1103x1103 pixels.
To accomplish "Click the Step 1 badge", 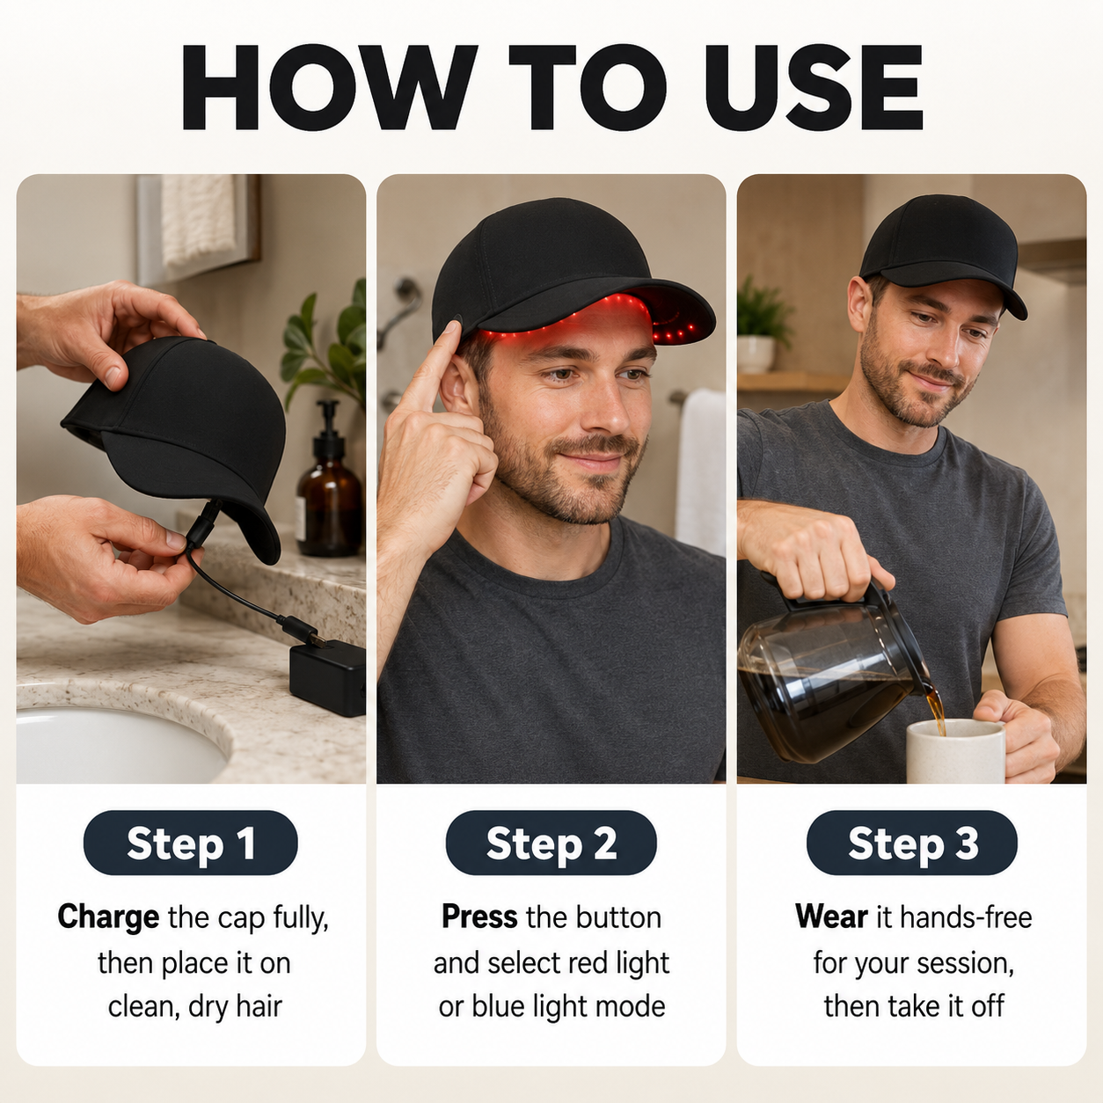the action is tap(191, 843).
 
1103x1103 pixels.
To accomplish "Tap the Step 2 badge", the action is tap(551, 843).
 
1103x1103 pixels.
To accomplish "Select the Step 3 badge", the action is tap(912, 843).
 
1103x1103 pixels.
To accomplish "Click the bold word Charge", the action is tap(108, 917).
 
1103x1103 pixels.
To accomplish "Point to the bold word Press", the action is tap(479, 917).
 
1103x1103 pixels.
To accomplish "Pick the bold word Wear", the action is tap(831, 917).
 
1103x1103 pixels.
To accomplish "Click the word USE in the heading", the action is tap(814, 87).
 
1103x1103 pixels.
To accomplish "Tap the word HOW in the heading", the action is tap(329, 87).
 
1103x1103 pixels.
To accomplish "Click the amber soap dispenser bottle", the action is tap(329, 481).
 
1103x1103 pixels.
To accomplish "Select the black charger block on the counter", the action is tap(327, 677).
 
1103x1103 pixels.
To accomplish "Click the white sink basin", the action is tap(114, 745).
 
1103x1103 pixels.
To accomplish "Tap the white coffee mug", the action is tap(954, 751).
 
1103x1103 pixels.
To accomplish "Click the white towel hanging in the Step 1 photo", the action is tap(198, 221).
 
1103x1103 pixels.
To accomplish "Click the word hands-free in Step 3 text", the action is tap(966, 917).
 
